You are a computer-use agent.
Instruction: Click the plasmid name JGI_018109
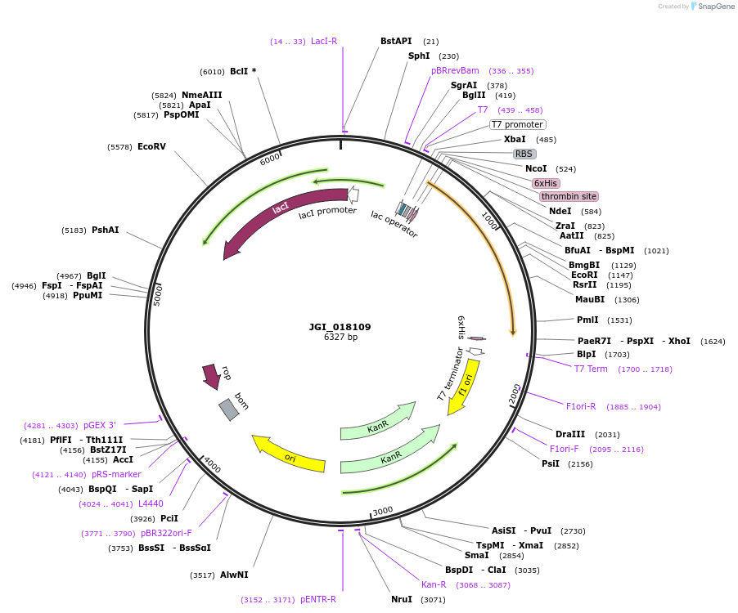(340, 327)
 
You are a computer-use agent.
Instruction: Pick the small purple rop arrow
(213, 376)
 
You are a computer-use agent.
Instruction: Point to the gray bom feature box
(229, 409)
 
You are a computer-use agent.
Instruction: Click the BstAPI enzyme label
(397, 41)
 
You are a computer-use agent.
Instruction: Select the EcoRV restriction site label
(151, 147)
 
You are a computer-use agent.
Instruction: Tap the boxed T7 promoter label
(517, 124)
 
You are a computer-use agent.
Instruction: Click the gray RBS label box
(524, 154)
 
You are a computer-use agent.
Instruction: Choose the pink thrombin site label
(569, 196)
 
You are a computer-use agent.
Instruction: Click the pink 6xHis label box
(545, 183)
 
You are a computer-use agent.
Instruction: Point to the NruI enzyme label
(402, 600)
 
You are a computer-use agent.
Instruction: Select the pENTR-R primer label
(318, 599)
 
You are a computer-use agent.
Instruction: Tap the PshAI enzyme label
(106, 230)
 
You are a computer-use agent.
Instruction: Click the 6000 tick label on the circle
(270, 160)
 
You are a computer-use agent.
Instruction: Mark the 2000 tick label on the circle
(515, 392)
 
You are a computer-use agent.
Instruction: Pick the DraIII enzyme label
(570, 434)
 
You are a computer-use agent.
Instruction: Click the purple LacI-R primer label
(324, 41)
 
